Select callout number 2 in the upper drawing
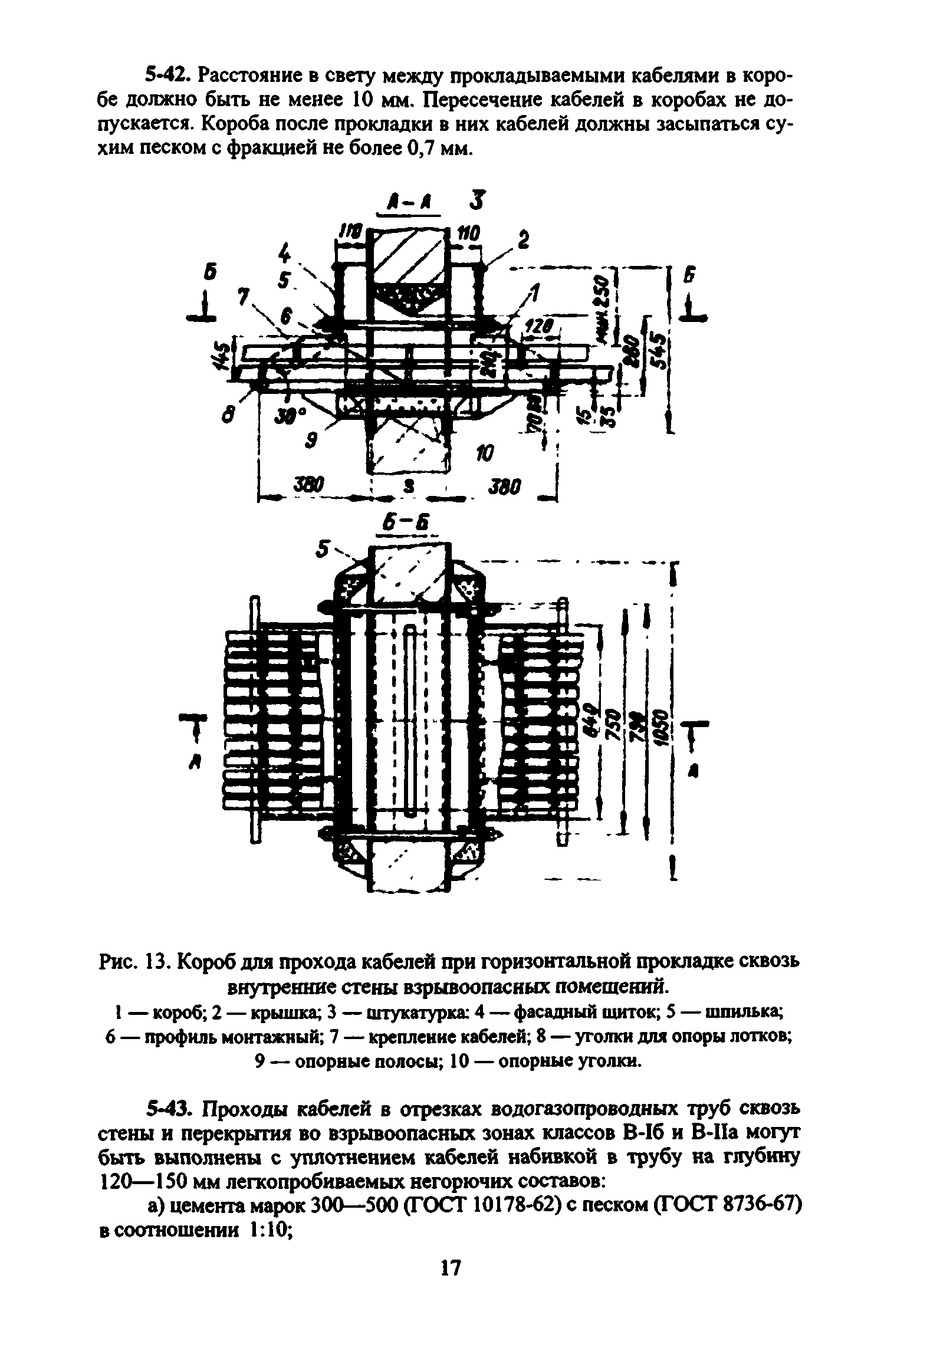(523, 239)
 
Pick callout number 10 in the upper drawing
(484, 453)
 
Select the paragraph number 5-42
(167, 76)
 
